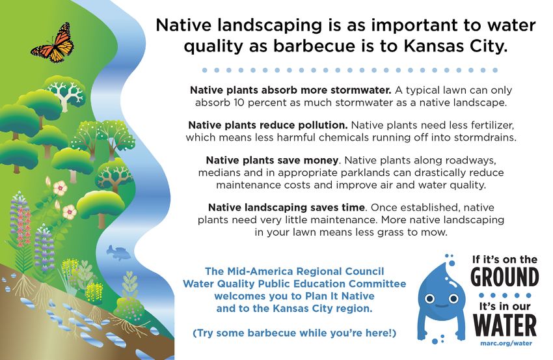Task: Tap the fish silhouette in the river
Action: pos(118,253)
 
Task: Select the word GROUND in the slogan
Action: pos(505,277)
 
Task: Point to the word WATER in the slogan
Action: pos(505,325)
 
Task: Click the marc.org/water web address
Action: pos(506,343)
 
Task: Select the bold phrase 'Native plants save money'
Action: pos(272,161)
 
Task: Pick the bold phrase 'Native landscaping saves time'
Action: pos(286,208)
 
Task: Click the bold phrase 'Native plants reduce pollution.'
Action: pos(268,125)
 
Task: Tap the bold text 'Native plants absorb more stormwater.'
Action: pos(291,90)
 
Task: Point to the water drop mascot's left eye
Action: pos(429,299)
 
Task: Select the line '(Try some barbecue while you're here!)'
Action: pos(295,333)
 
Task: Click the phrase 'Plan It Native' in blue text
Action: pos(340,296)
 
